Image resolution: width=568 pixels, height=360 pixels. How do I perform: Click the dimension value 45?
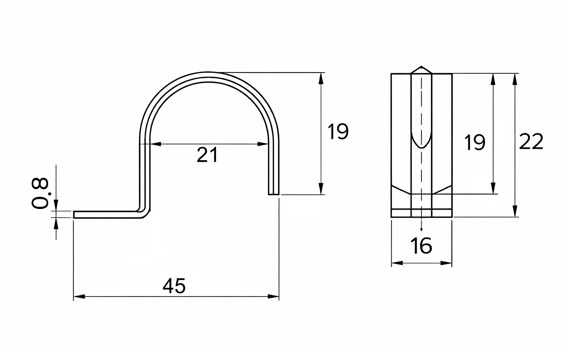(174, 286)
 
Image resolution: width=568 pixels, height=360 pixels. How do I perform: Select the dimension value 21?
(207, 155)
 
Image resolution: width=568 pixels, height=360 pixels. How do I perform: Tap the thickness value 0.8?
(40, 193)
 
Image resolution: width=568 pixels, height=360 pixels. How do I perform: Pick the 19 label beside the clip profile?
(338, 132)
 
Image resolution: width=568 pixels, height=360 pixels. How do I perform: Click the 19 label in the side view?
(475, 142)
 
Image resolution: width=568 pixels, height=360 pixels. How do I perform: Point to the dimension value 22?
(531, 142)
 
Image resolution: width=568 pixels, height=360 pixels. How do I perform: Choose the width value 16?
(421, 246)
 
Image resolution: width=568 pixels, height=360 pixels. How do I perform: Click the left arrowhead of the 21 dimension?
(155, 144)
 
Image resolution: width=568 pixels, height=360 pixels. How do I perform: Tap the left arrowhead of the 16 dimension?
(396, 263)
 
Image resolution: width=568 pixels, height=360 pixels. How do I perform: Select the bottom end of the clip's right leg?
(274, 194)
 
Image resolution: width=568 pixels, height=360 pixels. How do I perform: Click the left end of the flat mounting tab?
(74, 215)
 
